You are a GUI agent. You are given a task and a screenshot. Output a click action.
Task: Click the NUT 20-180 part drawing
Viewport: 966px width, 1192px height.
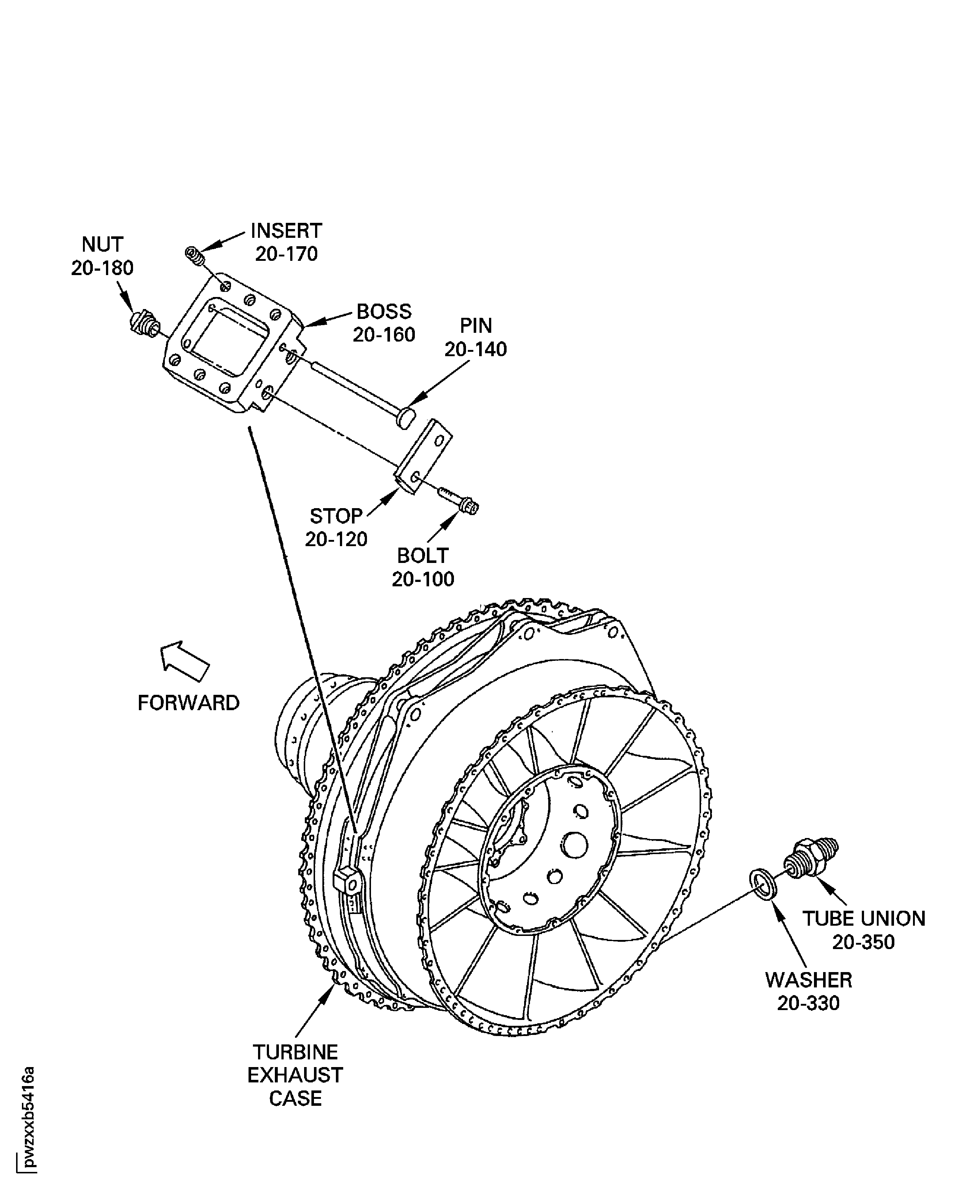(144, 323)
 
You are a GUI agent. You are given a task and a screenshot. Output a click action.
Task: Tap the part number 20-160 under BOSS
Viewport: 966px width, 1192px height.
(384, 335)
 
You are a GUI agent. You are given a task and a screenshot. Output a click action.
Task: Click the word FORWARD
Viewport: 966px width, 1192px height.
(188, 703)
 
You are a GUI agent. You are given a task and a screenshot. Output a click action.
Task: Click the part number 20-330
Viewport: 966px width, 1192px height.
(808, 1004)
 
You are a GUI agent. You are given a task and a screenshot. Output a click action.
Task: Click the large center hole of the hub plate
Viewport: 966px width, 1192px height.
(574, 846)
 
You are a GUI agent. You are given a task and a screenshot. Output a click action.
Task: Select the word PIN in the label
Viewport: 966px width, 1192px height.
(476, 325)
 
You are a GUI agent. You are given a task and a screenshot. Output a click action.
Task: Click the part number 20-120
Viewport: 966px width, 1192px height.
(336, 539)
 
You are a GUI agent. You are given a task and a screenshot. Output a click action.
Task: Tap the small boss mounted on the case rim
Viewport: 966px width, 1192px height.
(347, 880)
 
